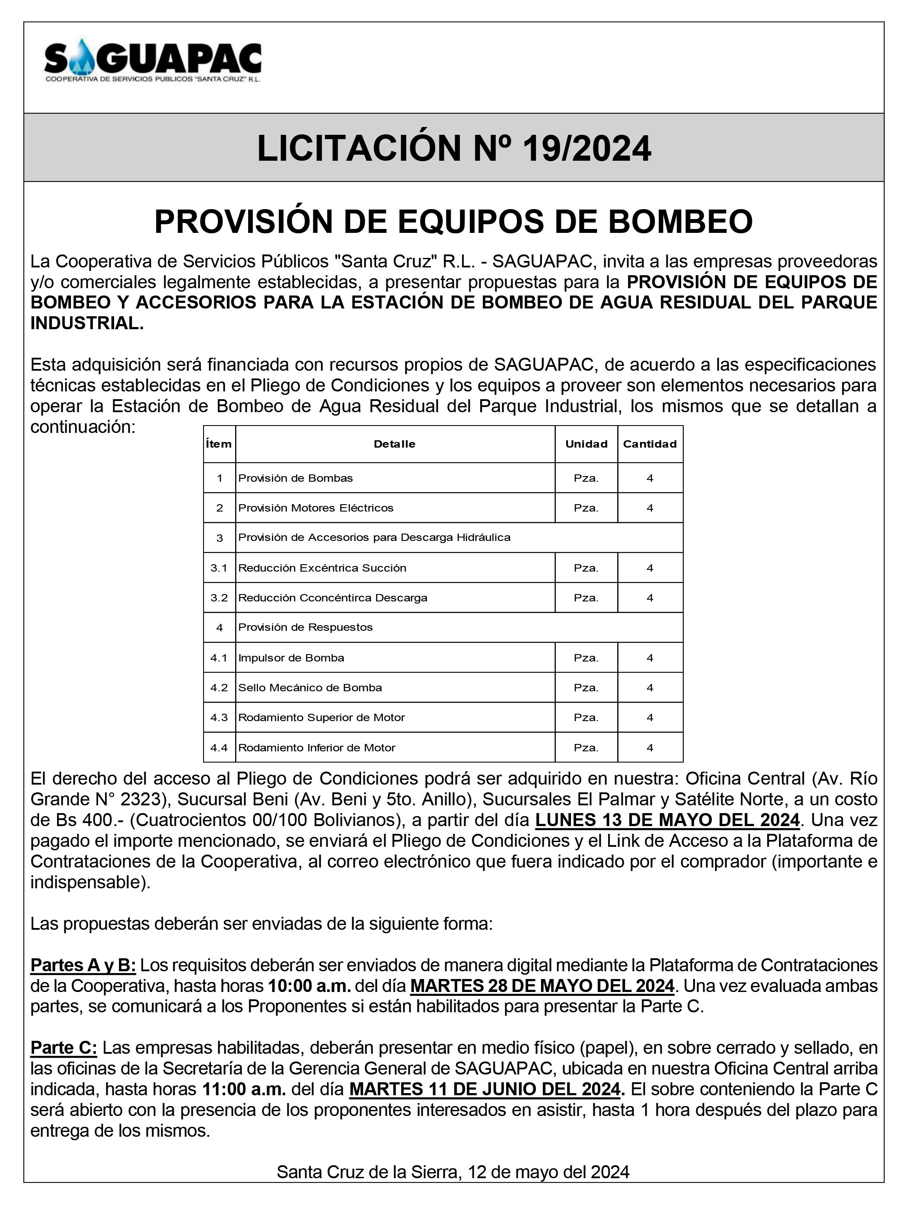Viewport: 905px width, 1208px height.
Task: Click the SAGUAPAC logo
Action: [153, 61]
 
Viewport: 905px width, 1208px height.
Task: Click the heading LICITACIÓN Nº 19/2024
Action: [453, 148]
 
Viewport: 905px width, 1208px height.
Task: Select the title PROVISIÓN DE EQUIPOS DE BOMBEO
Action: [453, 222]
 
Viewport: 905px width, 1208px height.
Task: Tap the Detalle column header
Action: [394, 444]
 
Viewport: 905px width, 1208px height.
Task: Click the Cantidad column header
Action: [650, 444]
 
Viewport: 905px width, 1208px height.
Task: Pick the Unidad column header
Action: [586, 444]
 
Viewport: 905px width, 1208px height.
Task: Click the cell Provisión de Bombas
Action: [296, 478]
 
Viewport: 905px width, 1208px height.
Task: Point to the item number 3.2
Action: [219, 598]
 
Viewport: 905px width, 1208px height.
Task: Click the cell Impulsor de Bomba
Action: [291, 658]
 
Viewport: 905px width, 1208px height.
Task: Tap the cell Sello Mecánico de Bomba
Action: [310, 687]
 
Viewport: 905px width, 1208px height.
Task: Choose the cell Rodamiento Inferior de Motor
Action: [317, 747]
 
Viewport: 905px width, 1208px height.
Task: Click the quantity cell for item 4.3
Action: [650, 718]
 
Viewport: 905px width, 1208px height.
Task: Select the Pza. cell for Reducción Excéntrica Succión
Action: [586, 568]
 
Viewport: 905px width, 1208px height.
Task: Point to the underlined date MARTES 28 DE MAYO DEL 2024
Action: [542, 986]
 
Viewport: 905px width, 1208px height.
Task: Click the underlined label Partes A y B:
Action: [83, 965]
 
